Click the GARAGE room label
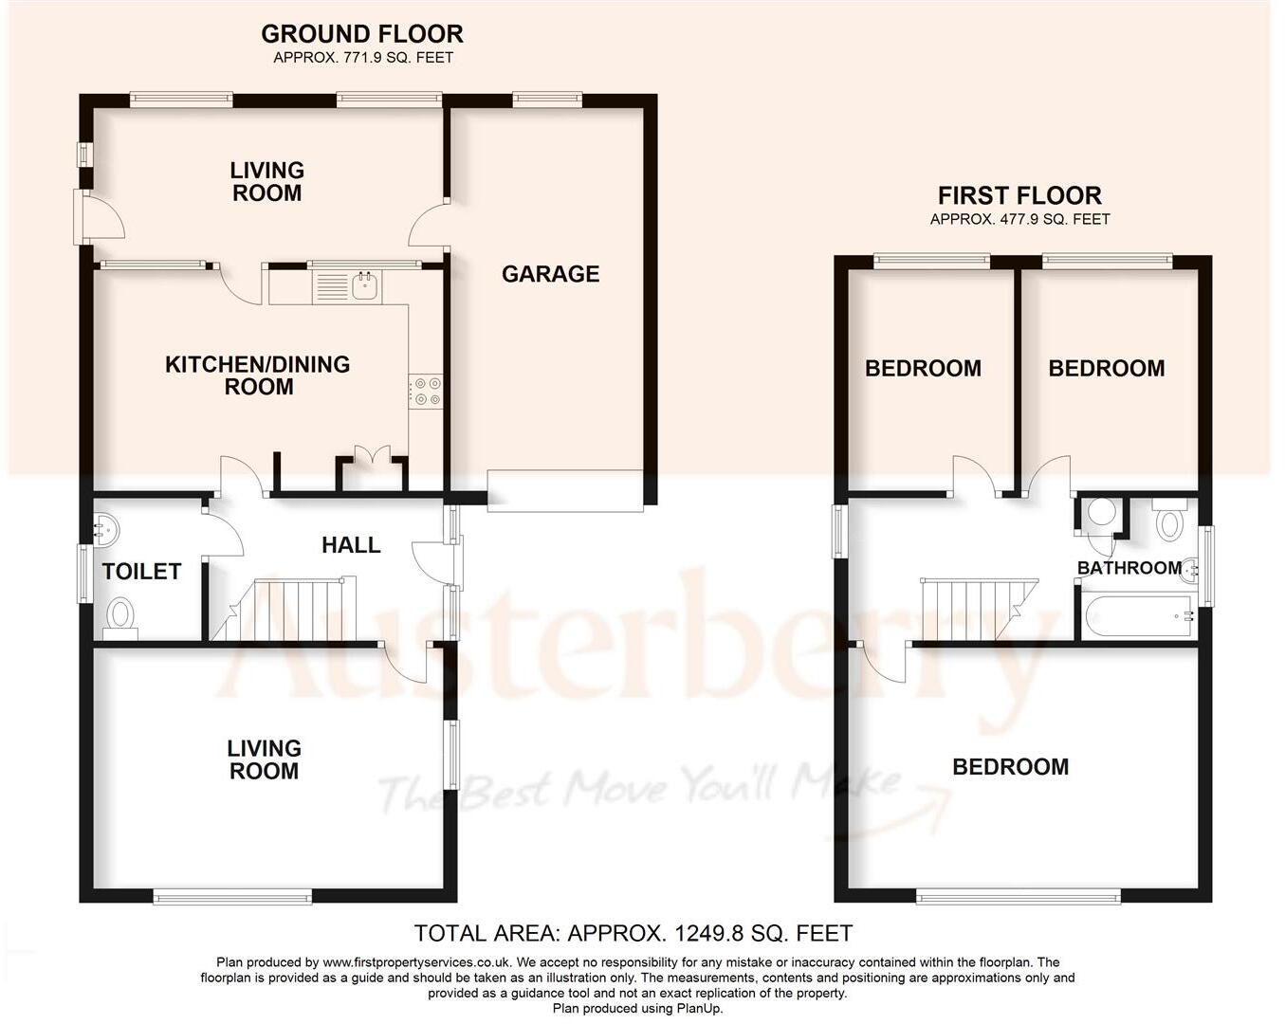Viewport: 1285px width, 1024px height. [x=550, y=274]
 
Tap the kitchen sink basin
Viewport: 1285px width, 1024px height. [x=364, y=285]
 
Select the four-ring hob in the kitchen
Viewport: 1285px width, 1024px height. [x=426, y=392]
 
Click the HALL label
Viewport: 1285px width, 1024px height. [x=351, y=544]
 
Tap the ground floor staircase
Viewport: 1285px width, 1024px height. [x=285, y=609]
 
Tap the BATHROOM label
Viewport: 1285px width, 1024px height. [x=1129, y=568]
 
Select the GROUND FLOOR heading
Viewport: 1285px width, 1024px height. [x=362, y=34]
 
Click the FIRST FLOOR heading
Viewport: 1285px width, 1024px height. [x=1019, y=196]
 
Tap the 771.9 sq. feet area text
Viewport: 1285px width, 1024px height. [x=363, y=58]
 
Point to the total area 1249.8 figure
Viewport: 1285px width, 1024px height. [x=710, y=933]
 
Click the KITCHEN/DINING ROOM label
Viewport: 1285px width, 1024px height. [x=258, y=375]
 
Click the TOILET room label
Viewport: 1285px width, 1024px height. [x=141, y=572]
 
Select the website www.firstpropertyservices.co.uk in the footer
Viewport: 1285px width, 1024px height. [x=416, y=962]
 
